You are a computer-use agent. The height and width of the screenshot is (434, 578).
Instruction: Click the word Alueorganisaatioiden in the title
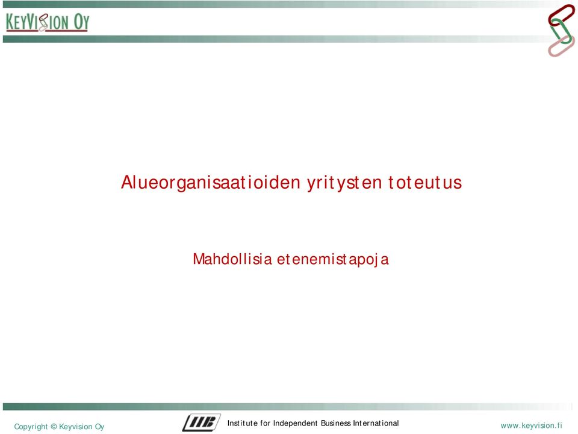point(211,183)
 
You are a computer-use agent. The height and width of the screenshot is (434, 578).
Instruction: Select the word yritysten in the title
point(344,183)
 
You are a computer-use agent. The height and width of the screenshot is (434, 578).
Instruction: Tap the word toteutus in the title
point(424,182)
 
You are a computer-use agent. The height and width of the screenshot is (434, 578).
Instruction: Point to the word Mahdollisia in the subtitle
point(232,259)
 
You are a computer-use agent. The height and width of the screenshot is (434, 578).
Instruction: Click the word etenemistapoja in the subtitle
point(333,260)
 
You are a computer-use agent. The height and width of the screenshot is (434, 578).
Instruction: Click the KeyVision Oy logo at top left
point(48,22)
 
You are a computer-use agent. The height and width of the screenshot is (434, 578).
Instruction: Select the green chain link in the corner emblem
point(561,31)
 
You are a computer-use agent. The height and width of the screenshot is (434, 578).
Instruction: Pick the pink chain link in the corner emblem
point(561,45)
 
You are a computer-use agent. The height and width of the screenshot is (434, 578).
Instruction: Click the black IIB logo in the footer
point(201,423)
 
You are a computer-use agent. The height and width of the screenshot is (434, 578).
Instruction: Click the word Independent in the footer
point(295,423)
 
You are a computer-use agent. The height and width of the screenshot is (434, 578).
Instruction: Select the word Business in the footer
point(335,423)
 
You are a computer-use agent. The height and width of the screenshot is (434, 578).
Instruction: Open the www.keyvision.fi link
point(531,426)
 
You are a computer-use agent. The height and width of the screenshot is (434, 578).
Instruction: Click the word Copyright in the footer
point(31,427)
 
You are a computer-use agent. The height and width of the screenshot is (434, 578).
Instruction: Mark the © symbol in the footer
point(54,426)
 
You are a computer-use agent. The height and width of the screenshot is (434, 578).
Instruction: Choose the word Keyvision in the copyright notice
point(75,427)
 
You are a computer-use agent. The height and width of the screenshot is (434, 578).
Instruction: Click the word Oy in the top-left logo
point(81,22)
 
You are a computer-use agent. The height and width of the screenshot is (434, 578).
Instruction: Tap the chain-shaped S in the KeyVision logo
point(43,22)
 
